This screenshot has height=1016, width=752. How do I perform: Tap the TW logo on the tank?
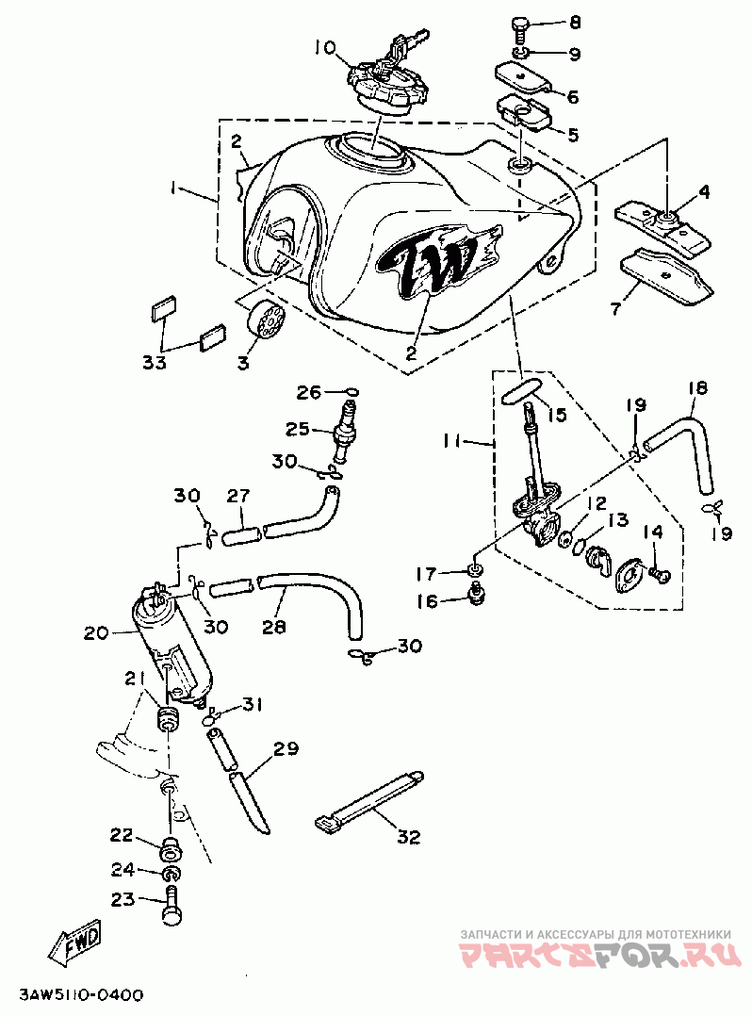click(x=439, y=259)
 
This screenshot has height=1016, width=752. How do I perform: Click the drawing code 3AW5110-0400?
click(x=82, y=994)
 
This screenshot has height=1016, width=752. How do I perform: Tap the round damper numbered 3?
click(x=265, y=320)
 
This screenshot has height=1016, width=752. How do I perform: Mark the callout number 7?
click(x=615, y=307)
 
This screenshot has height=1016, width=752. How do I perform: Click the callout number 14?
click(x=653, y=532)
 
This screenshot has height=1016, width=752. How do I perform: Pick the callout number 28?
click(x=274, y=627)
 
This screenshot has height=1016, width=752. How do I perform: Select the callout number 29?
click(x=286, y=749)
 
